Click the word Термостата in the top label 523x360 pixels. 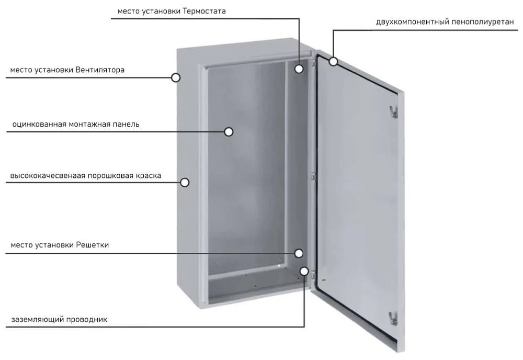[204, 11]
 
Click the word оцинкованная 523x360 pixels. [39, 125]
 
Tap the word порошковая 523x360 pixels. [107, 176]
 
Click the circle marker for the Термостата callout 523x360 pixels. [299, 69]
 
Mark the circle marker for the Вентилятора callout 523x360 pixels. [176, 77]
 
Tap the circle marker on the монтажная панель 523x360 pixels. [229, 132]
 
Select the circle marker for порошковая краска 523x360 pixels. [185, 182]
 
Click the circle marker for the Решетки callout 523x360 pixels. [299, 253]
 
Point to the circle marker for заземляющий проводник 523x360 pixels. [304, 271]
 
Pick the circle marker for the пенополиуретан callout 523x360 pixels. [333, 62]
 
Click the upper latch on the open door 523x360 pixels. [392, 111]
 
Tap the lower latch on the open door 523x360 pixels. [393, 317]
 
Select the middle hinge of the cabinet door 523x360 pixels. [313, 177]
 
